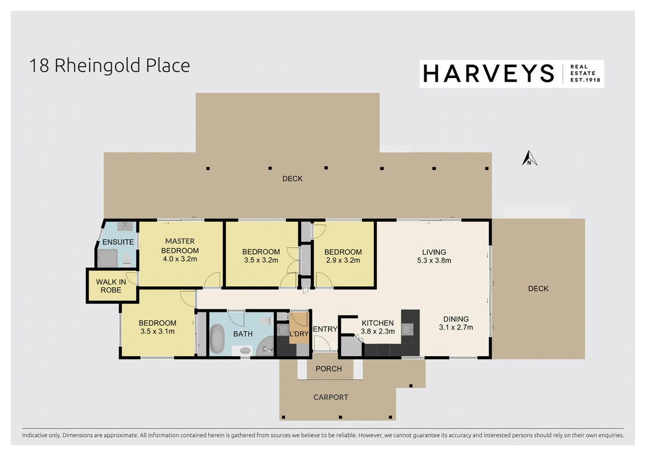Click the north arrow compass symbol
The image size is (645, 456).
tap(529, 158)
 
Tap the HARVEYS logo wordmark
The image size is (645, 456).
tap(489, 74)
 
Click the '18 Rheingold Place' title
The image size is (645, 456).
tap(109, 66)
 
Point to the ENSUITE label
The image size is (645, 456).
tap(118, 242)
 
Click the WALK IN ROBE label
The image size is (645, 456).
tap(111, 286)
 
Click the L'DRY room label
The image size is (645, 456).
tap(299, 333)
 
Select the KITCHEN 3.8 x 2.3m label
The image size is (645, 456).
tap(378, 327)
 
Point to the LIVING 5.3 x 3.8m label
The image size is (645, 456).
tap(434, 256)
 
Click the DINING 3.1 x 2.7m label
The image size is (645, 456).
tap(456, 323)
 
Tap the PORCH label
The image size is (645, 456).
tap(328, 369)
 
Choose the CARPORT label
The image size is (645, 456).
tap(331, 397)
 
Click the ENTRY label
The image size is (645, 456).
tap(325, 329)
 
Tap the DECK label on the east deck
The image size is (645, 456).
tap(538, 288)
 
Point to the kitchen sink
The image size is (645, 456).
tap(407, 329)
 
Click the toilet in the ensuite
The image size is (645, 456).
tap(127, 259)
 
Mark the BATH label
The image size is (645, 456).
tap(243, 334)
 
